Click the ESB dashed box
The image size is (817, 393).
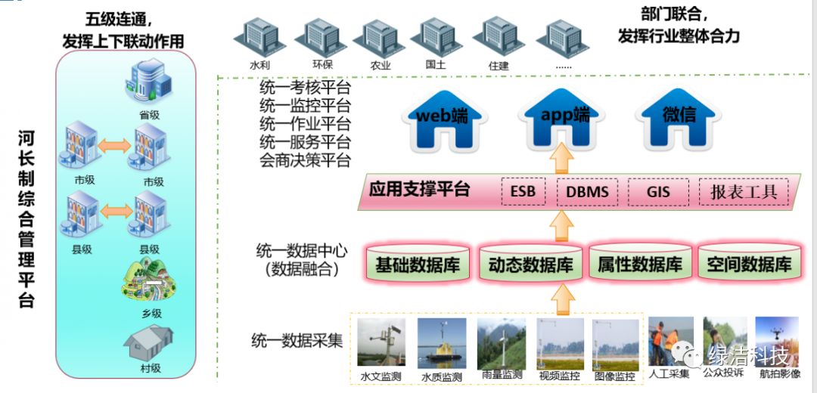(x=523, y=192)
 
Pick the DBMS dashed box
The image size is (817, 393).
(x=587, y=192)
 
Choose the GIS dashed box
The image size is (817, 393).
(x=657, y=192)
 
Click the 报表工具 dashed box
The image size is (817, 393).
(x=743, y=192)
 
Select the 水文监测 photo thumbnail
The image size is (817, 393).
(x=380, y=345)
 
